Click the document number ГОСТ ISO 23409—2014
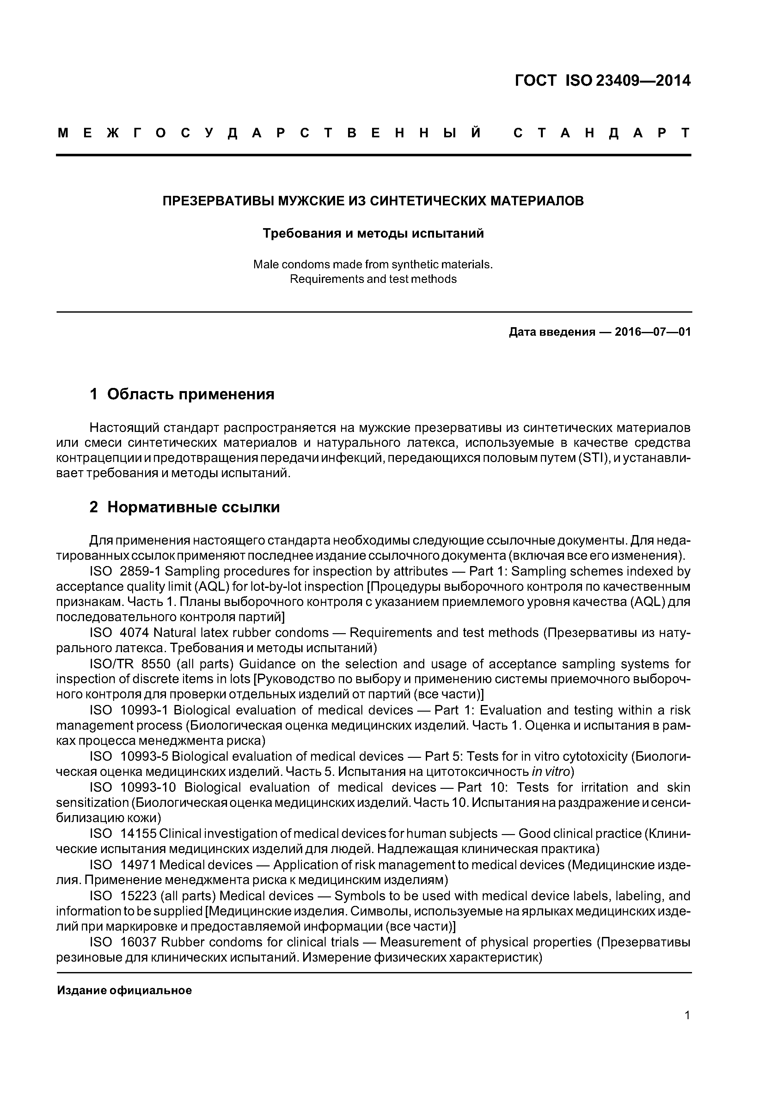(x=603, y=80)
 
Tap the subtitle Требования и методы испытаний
(x=373, y=234)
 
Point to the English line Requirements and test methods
(x=373, y=279)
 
